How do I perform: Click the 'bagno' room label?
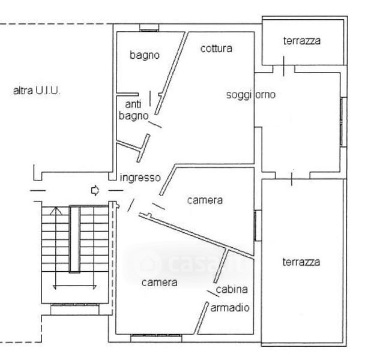145,55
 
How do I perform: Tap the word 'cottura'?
216,48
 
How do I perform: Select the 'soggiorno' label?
251,94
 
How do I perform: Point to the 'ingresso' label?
140,178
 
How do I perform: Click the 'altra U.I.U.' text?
37,92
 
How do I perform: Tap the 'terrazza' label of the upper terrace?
302,41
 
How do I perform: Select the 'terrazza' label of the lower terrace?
302,262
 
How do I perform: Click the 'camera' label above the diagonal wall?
205,200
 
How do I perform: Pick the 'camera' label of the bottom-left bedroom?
159,282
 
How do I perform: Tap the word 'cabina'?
232,289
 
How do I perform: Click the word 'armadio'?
230,308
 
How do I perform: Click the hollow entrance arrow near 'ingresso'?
95,191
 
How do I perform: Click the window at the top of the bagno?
148,27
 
